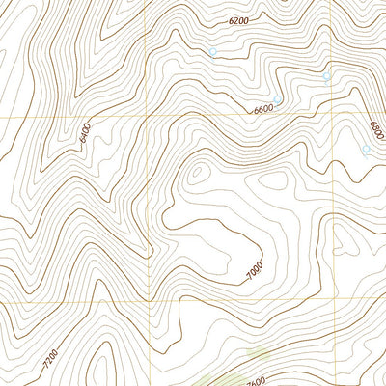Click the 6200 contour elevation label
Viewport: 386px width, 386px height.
point(238,20)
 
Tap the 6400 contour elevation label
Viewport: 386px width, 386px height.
point(85,132)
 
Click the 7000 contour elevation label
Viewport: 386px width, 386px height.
point(253,273)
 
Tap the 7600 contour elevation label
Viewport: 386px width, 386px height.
point(254,379)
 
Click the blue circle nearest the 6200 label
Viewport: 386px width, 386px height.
point(212,52)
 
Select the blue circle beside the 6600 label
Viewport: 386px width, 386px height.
point(277,99)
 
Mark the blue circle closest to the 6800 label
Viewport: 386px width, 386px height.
point(366,150)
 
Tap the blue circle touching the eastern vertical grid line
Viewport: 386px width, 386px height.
point(326,76)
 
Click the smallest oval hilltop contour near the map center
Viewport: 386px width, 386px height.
point(199,174)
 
